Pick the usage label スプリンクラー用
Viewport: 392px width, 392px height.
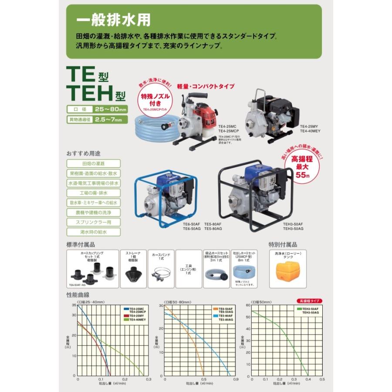coord(93,222)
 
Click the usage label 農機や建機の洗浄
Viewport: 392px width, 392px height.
coord(93,213)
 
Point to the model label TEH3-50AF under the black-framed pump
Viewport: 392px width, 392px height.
coord(293,224)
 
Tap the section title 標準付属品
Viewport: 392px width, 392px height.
coord(81,244)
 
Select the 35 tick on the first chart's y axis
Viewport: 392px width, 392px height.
coord(74,306)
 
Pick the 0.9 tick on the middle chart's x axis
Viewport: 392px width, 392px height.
coord(236,379)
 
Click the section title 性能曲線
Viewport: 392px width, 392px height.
coord(78,295)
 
